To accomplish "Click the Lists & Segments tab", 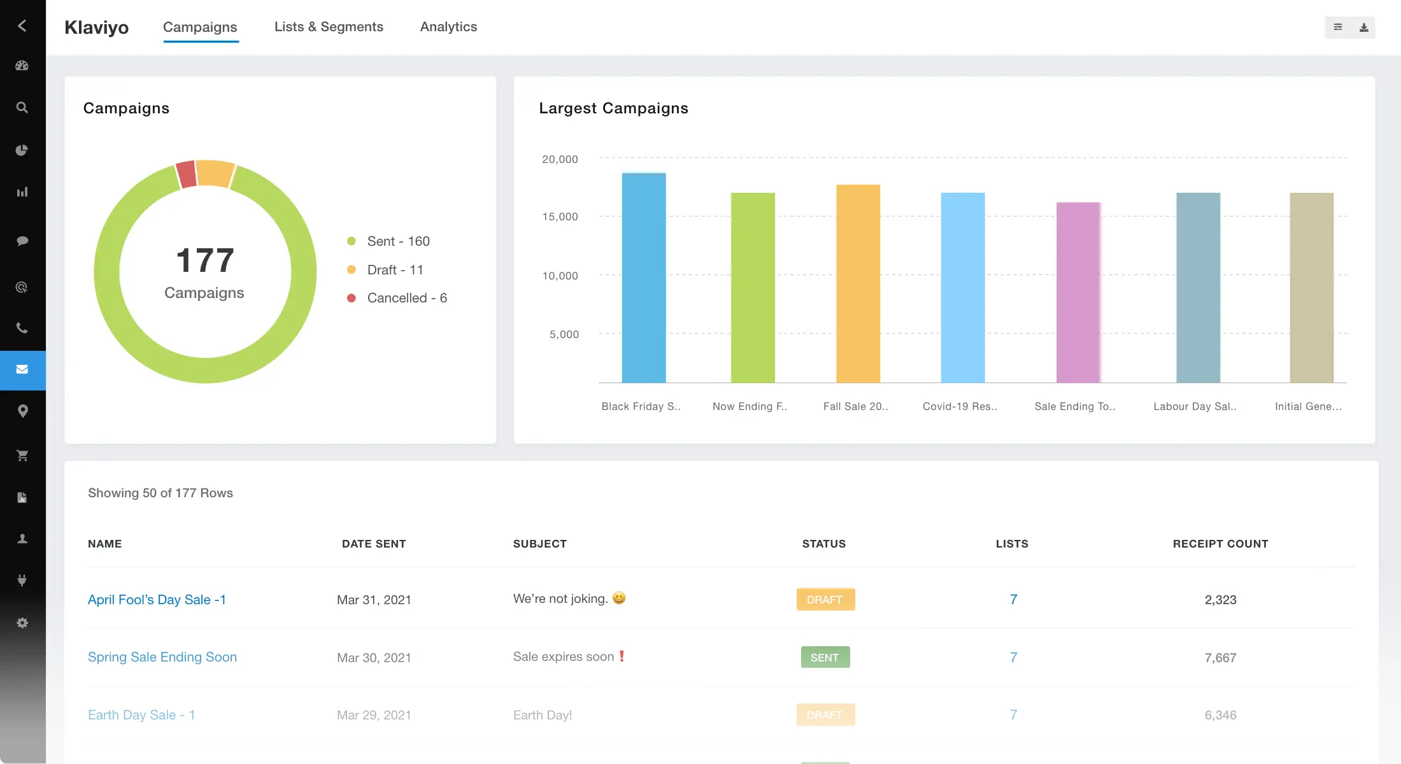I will point(329,27).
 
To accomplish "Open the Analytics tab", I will point(448,27).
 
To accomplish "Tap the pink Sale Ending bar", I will point(1078,292).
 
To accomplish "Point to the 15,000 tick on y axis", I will point(560,216).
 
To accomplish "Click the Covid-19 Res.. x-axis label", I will point(960,406).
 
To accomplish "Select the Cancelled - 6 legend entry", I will point(406,298).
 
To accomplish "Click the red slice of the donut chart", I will point(186,174).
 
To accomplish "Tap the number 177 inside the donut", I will point(205,260).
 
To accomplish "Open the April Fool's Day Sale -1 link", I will point(157,600).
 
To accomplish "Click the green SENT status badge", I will point(825,658).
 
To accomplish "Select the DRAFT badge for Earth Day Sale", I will point(825,715).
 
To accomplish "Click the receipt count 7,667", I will point(1220,658).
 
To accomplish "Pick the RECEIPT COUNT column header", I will point(1220,544).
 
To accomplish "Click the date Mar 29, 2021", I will point(374,715).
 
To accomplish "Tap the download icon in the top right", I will point(1363,27).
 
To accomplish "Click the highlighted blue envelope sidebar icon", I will point(22,370).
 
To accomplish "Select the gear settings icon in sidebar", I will point(22,623).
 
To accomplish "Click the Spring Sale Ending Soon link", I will point(162,657).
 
